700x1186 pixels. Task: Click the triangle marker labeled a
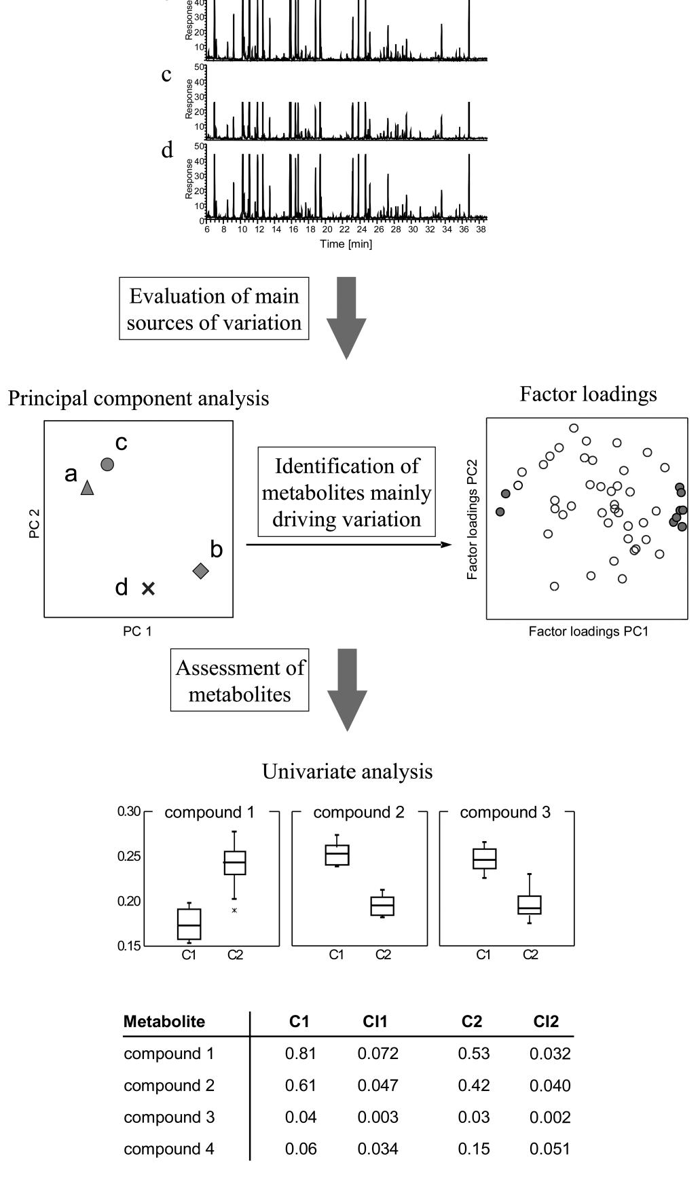click(87, 488)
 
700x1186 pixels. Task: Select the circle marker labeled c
click(107, 464)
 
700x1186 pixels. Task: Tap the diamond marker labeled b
click(200, 571)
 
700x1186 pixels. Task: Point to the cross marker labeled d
click(148, 589)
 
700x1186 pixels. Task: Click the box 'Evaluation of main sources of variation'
click(214, 309)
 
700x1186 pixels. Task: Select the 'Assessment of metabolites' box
click(240, 681)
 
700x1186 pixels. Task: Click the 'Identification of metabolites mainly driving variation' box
click(346, 492)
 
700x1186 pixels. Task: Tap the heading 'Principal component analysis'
click(138, 398)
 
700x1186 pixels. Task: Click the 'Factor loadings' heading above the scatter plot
click(588, 394)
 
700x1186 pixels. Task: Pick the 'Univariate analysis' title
click(347, 772)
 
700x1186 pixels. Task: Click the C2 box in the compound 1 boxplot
click(235, 863)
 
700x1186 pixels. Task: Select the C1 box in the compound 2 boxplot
click(337, 855)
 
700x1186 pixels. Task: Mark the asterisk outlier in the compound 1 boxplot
click(235, 910)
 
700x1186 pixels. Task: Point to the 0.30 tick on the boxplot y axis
click(128, 812)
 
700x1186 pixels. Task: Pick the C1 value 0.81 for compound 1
click(301, 1054)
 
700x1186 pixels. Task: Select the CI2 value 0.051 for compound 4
click(550, 1149)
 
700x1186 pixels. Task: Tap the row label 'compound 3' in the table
click(169, 1117)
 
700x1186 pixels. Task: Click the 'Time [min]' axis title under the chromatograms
click(346, 244)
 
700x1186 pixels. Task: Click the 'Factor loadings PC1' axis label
click(588, 631)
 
